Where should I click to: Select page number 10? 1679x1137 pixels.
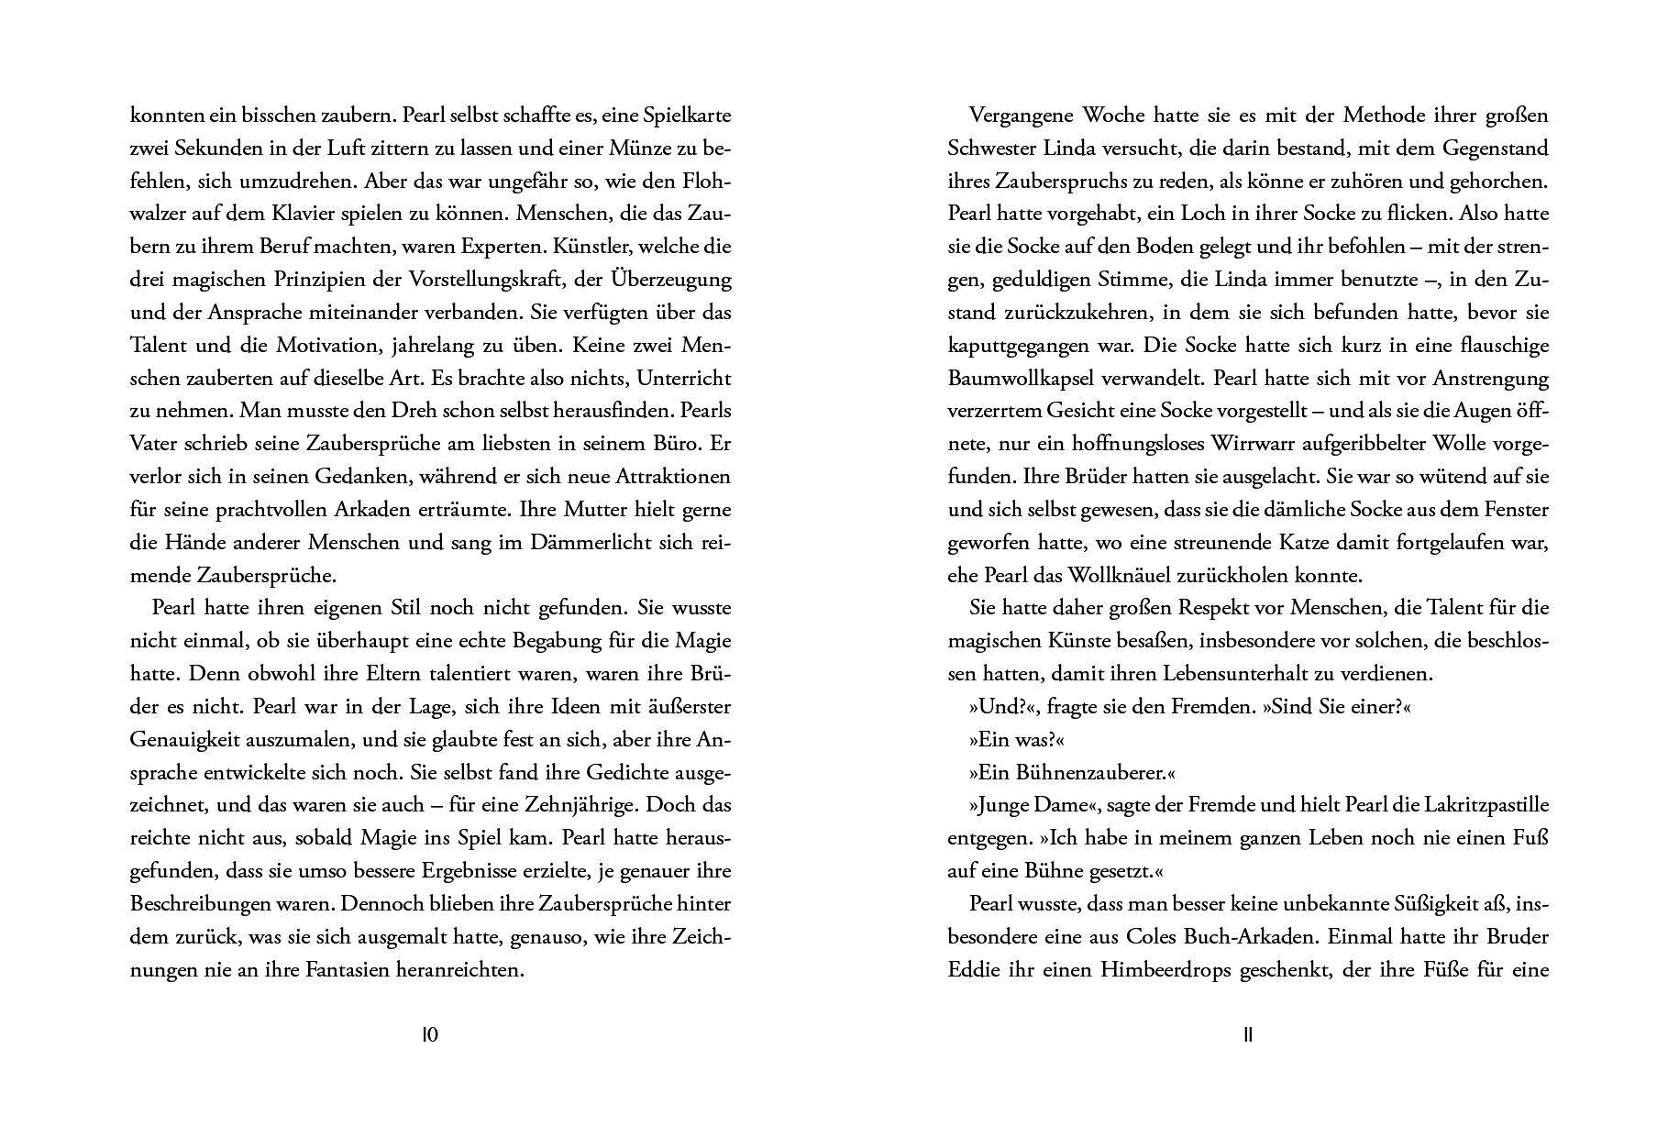pos(430,1035)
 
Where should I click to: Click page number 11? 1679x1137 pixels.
pos(1247,1035)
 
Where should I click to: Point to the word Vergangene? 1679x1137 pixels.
pos(1021,116)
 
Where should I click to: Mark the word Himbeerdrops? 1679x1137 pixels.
pos(1166,970)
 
